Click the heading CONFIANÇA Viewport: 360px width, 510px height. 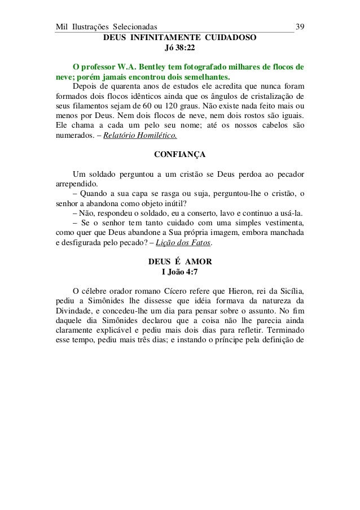pos(179,154)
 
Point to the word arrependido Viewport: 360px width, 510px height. pos(76,184)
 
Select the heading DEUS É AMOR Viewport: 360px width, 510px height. pos(179,262)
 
